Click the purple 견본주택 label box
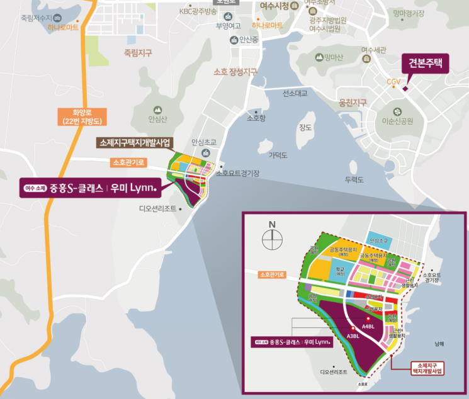tap(425, 64)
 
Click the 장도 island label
tap(305, 128)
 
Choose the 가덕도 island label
tap(278, 154)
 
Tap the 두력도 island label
tap(355, 179)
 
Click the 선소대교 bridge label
tap(295, 94)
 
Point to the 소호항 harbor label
tap(257, 118)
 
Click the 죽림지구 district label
tap(138, 53)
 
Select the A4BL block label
tap(368, 326)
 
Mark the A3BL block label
tap(352, 336)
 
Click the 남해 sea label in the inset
tap(439, 344)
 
